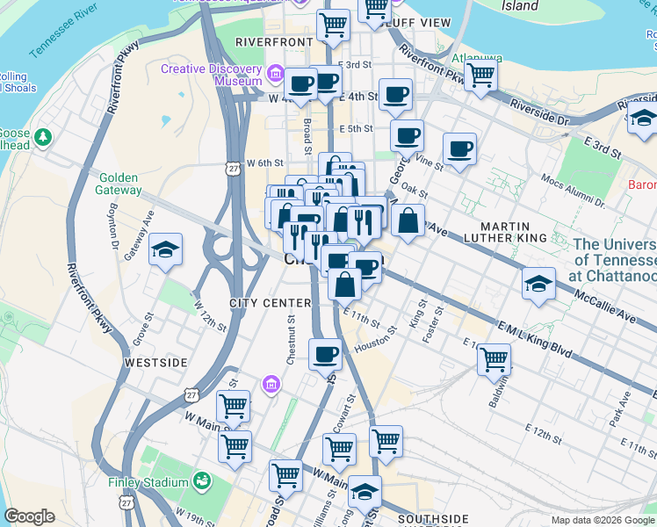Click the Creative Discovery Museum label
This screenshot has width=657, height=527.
(x=211, y=75)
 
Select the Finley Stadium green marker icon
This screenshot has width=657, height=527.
(x=203, y=481)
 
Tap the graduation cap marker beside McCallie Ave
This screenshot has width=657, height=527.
(x=538, y=283)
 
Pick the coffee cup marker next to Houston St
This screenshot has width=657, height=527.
(x=325, y=354)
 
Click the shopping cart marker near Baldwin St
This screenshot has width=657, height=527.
(x=495, y=358)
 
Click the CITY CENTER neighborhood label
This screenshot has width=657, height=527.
(x=270, y=303)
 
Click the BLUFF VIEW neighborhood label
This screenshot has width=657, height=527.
(x=420, y=22)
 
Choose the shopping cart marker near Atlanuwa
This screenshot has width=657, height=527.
(x=480, y=76)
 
